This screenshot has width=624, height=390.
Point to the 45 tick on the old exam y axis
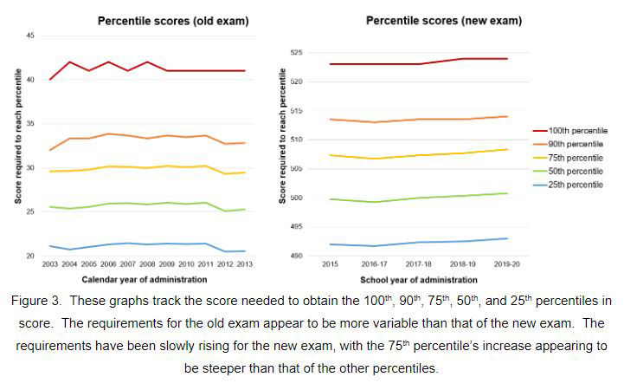click(30, 36)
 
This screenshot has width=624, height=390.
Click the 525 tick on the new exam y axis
click(297, 54)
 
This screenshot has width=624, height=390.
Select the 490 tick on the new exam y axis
click(297, 256)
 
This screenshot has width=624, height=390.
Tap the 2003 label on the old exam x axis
click(50, 264)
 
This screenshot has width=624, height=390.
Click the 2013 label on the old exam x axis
click(245, 264)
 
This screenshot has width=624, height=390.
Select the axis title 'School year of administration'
click(418, 280)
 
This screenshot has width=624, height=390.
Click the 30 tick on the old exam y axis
click(30, 168)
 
